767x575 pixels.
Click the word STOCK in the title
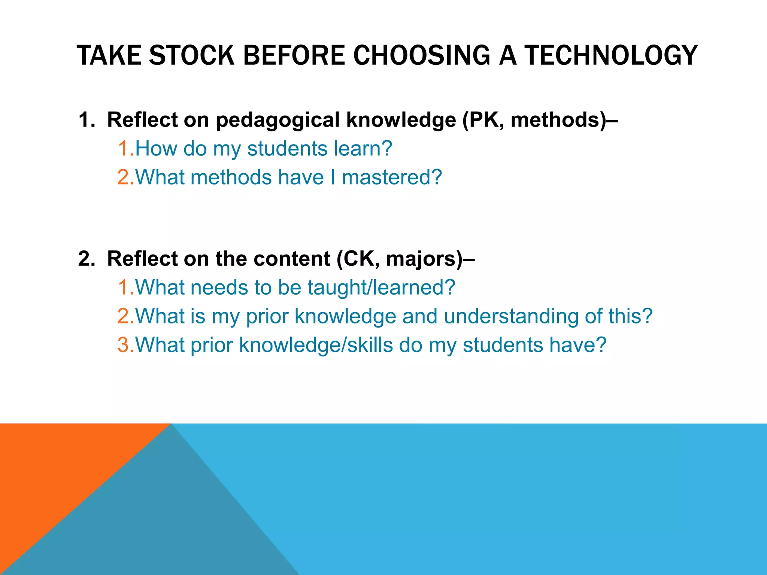coord(192,55)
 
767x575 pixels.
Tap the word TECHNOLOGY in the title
coord(610,55)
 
